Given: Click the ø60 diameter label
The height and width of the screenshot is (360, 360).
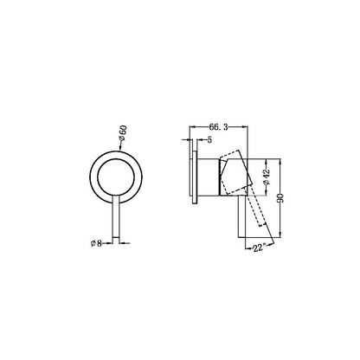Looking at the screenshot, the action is tap(123, 133).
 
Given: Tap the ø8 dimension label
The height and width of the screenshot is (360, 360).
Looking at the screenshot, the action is tap(96, 243).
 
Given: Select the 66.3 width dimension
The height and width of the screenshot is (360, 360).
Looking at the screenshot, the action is tap(218, 127).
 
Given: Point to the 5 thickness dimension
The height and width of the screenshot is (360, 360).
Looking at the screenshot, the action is tap(209, 140).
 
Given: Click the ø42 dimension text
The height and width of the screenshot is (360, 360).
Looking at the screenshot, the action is tap(267, 177).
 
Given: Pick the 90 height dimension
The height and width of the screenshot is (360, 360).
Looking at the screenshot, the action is tap(280, 198).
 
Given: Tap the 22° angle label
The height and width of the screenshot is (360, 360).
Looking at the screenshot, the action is tap(259, 247).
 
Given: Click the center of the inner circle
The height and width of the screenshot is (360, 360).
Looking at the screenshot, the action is tap(116, 176).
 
